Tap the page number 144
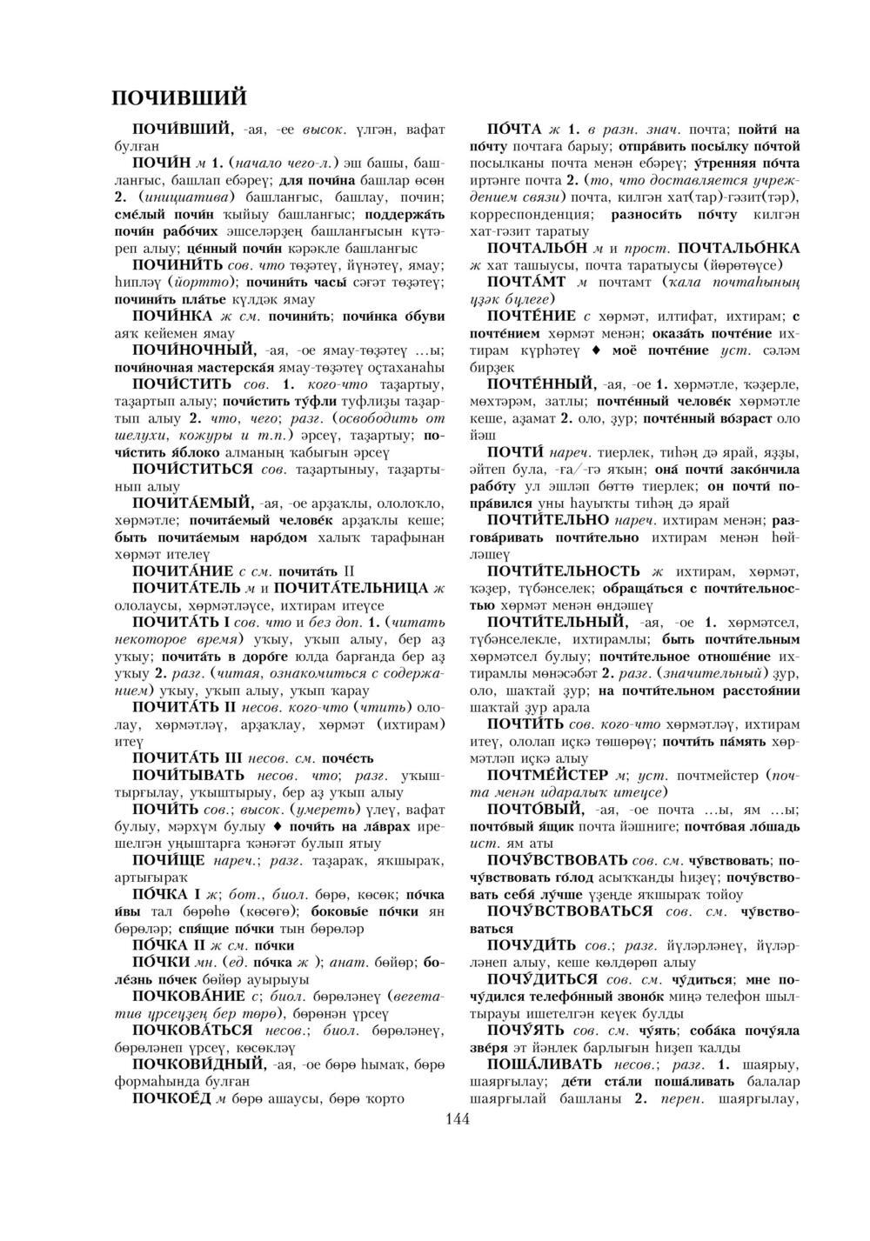[457, 1119]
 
